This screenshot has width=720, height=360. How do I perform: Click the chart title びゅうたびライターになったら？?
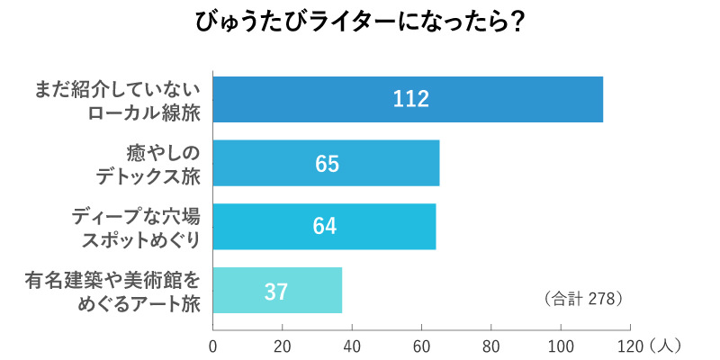(361, 22)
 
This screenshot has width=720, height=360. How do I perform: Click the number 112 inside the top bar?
(409, 99)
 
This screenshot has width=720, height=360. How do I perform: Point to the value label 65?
(327, 163)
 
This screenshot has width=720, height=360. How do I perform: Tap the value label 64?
(325, 226)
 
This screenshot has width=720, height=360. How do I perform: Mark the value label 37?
(276, 291)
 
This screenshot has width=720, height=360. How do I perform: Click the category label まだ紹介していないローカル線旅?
(117, 99)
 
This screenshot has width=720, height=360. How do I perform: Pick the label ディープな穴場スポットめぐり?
(135, 226)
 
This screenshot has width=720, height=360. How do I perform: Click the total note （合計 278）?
(584, 297)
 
